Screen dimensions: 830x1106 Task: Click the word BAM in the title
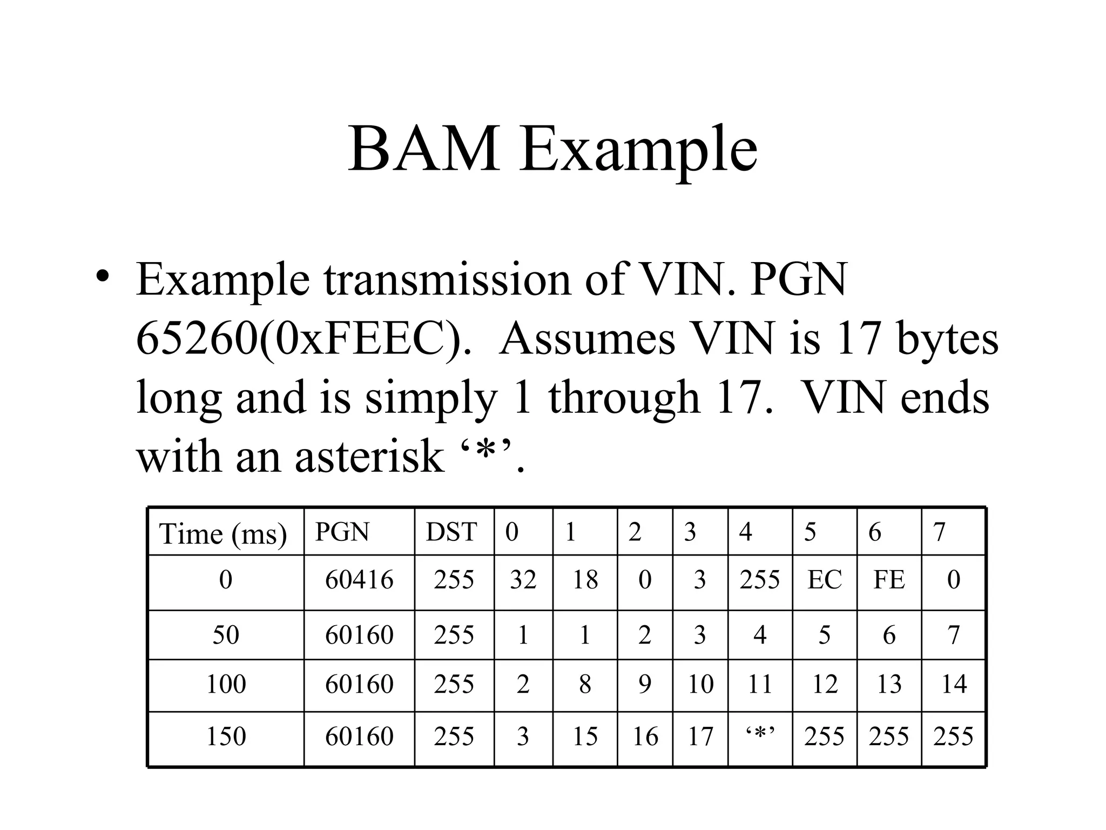pos(423,149)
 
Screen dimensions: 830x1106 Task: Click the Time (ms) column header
pos(223,534)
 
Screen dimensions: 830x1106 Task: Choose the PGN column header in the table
pos(342,532)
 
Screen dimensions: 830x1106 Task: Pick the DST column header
pos(451,532)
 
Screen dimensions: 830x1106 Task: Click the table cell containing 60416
pos(359,580)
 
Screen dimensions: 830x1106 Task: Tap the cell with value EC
pos(824,580)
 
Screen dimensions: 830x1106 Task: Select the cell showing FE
pos(889,580)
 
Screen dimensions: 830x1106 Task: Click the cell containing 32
pos(523,580)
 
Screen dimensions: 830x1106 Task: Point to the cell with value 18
pos(585,580)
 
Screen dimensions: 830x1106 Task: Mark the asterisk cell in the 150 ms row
pos(760,736)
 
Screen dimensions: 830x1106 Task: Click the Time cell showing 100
pos(226,684)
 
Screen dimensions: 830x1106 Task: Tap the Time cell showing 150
pos(226,736)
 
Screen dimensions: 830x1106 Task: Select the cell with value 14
pos(954,684)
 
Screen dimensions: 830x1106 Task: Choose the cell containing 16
pos(645,736)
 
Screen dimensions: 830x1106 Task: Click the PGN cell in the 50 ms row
pos(359,634)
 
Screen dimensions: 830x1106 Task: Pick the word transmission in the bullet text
pos(447,279)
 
